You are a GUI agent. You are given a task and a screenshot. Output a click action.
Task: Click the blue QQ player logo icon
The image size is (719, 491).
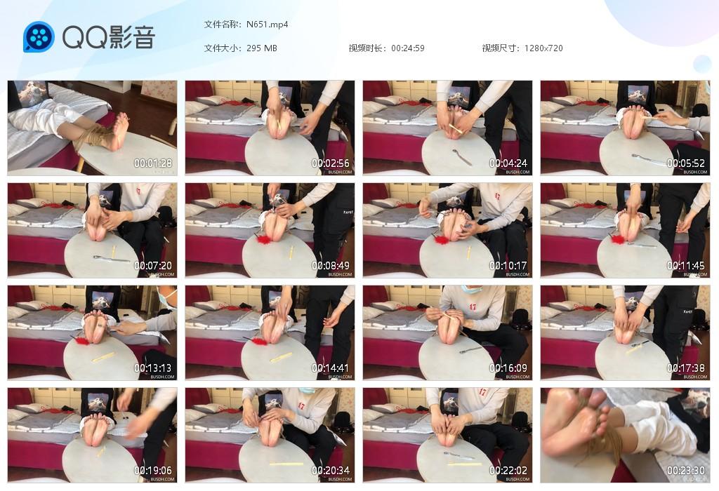tap(39, 36)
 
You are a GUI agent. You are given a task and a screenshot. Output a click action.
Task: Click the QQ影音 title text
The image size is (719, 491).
tap(109, 37)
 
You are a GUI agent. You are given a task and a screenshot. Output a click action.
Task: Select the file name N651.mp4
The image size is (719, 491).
tap(268, 25)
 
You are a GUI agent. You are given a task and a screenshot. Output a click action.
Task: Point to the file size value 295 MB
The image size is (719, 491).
tap(262, 48)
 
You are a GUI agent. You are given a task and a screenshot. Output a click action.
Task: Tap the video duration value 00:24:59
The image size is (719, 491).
tap(408, 48)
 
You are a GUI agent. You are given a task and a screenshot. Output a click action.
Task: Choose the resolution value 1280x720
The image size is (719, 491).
tap(543, 48)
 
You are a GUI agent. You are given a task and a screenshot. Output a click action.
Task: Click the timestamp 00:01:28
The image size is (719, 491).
tap(153, 163)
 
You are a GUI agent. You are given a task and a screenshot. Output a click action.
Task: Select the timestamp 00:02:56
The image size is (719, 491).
tap(331, 163)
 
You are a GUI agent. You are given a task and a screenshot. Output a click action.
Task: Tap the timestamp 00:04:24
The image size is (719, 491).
tap(508, 163)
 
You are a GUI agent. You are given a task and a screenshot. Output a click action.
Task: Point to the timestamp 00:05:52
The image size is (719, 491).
tap(686, 163)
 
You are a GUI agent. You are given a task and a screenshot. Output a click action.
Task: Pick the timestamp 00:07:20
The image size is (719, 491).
tap(153, 266)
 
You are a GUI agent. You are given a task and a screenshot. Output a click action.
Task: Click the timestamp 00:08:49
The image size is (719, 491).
tap(331, 266)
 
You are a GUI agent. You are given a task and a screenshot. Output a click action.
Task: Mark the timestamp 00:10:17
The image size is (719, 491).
tap(508, 266)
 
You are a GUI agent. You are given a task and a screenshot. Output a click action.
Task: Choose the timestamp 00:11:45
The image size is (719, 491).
tap(686, 266)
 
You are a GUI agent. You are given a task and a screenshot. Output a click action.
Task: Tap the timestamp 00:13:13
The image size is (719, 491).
tap(153, 368)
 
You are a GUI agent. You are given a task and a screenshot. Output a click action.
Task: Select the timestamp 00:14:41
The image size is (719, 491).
tap(331, 368)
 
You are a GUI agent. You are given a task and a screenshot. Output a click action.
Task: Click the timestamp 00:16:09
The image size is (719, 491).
tap(508, 368)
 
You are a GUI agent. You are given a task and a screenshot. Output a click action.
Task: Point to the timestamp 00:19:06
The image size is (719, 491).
tap(153, 471)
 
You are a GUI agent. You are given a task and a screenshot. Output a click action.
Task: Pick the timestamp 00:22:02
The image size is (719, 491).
tap(508, 471)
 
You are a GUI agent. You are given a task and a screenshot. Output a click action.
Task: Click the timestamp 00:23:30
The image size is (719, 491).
tap(686, 471)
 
